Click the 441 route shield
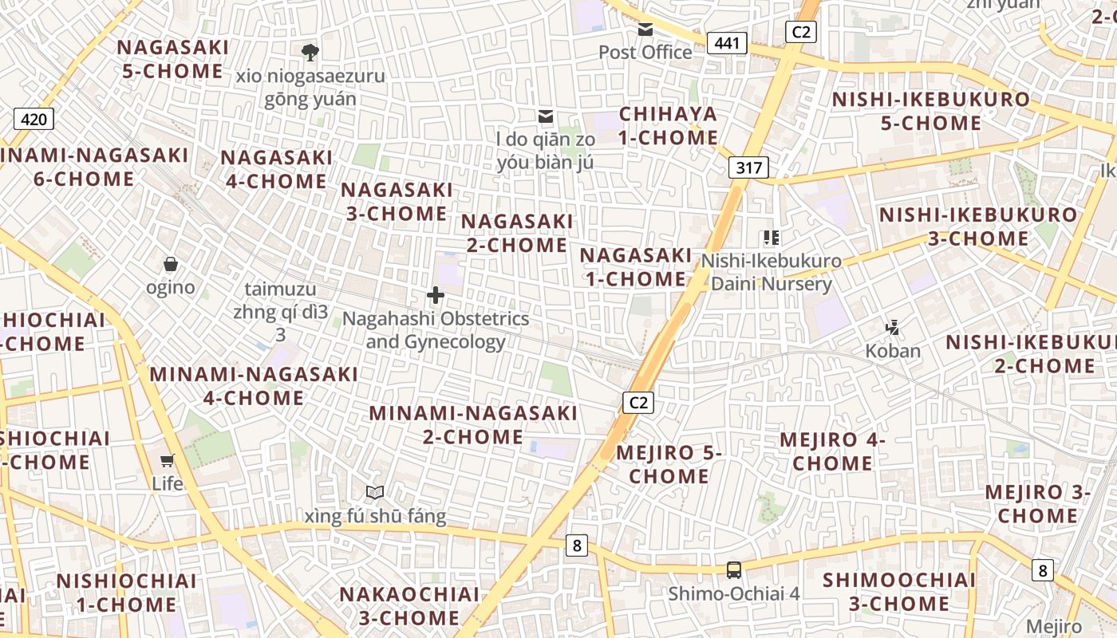pyautogui.click(x=727, y=43)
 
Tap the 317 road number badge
pyautogui.click(x=748, y=167)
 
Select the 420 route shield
pyautogui.click(x=34, y=120)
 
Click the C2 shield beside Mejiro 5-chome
pyautogui.click(x=638, y=402)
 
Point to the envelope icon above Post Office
pyautogui.click(x=645, y=30)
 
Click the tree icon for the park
pyautogui.click(x=310, y=53)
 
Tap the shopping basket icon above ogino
pyautogui.click(x=170, y=264)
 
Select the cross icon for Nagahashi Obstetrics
pyautogui.click(x=436, y=296)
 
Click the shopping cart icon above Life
pyautogui.click(x=168, y=460)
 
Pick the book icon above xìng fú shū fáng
pyautogui.click(x=375, y=493)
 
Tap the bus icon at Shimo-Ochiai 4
pyautogui.click(x=733, y=570)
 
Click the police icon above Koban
pyautogui.click(x=893, y=327)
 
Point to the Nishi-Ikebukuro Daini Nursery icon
pyautogui.click(x=771, y=238)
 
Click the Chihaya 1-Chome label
pyautogui.click(x=669, y=126)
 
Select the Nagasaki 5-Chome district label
pyautogui.click(x=173, y=59)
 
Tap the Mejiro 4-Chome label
pyautogui.click(x=833, y=451)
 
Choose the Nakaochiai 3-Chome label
pyautogui.click(x=409, y=606)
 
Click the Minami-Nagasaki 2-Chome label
pyautogui.click(x=473, y=425)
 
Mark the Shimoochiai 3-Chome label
pyautogui.click(x=899, y=592)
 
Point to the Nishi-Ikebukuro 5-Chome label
pyautogui.click(x=931, y=112)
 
